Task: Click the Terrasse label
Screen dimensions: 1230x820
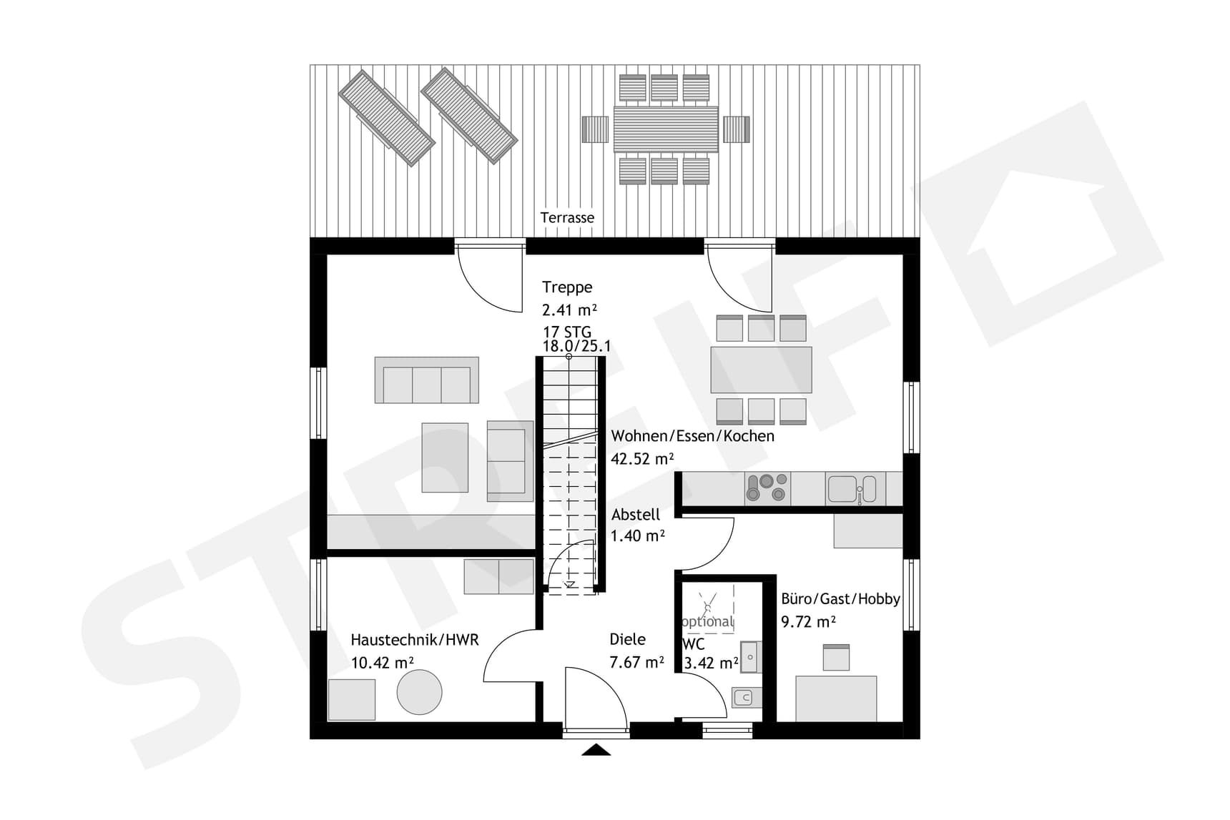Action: point(567,217)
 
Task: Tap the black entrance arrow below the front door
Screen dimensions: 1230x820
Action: point(596,750)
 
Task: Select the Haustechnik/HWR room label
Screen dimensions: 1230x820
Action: point(415,640)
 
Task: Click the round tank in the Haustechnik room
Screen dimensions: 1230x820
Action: point(420,692)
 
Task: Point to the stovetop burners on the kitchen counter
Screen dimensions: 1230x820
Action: point(767,488)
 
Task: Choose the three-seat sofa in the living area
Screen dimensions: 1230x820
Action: point(427,380)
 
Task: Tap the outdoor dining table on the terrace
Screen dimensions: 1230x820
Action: point(666,129)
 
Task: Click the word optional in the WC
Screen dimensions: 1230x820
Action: point(708,621)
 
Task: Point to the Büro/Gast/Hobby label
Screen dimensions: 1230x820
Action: point(840,599)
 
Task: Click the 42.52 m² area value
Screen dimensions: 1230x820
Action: point(642,459)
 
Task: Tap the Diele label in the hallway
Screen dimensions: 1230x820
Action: point(627,639)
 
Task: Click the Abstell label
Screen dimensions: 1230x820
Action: point(636,514)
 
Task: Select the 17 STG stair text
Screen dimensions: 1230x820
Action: point(567,332)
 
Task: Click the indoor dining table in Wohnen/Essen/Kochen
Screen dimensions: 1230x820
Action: point(761,370)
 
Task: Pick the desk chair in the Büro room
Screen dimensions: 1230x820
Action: point(836,657)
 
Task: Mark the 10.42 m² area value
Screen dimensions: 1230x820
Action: point(382,663)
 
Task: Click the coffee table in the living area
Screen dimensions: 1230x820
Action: point(445,458)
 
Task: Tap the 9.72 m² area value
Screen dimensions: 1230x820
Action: point(808,622)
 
